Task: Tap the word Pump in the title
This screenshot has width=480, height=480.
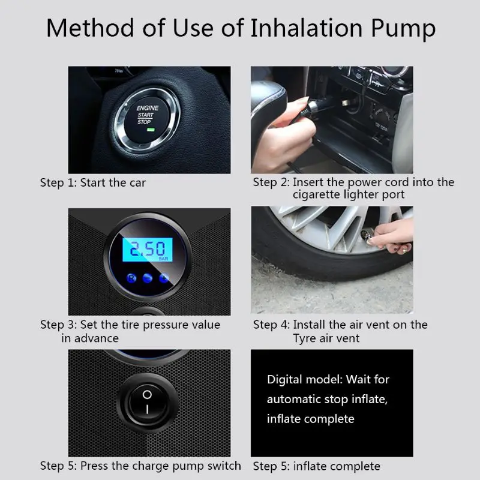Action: pyautogui.click(x=403, y=29)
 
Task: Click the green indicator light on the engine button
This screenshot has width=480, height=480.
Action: pyautogui.click(x=151, y=130)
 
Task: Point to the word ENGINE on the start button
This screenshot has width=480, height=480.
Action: pyautogui.click(x=148, y=108)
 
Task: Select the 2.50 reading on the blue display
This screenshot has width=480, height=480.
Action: pyautogui.click(x=148, y=248)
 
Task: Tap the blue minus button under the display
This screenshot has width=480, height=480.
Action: pyautogui.click(x=148, y=278)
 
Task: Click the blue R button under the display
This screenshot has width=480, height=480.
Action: pyautogui.click(x=131, y=278)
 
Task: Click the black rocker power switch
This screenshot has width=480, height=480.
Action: pyautogui.click(x=147, y=401)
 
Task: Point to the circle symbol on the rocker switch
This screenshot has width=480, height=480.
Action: pyautogui.click(x=147, y=395)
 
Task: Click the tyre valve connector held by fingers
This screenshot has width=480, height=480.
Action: pyautogui.click(x=367, y=235)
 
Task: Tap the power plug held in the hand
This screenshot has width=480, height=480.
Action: pyautogui.click(x=319, y=106)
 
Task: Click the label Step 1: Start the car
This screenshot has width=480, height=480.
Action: pyautogui.click(x=93, y=183)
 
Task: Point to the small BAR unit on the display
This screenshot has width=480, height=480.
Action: pyautogui.click(x=163, y=259)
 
